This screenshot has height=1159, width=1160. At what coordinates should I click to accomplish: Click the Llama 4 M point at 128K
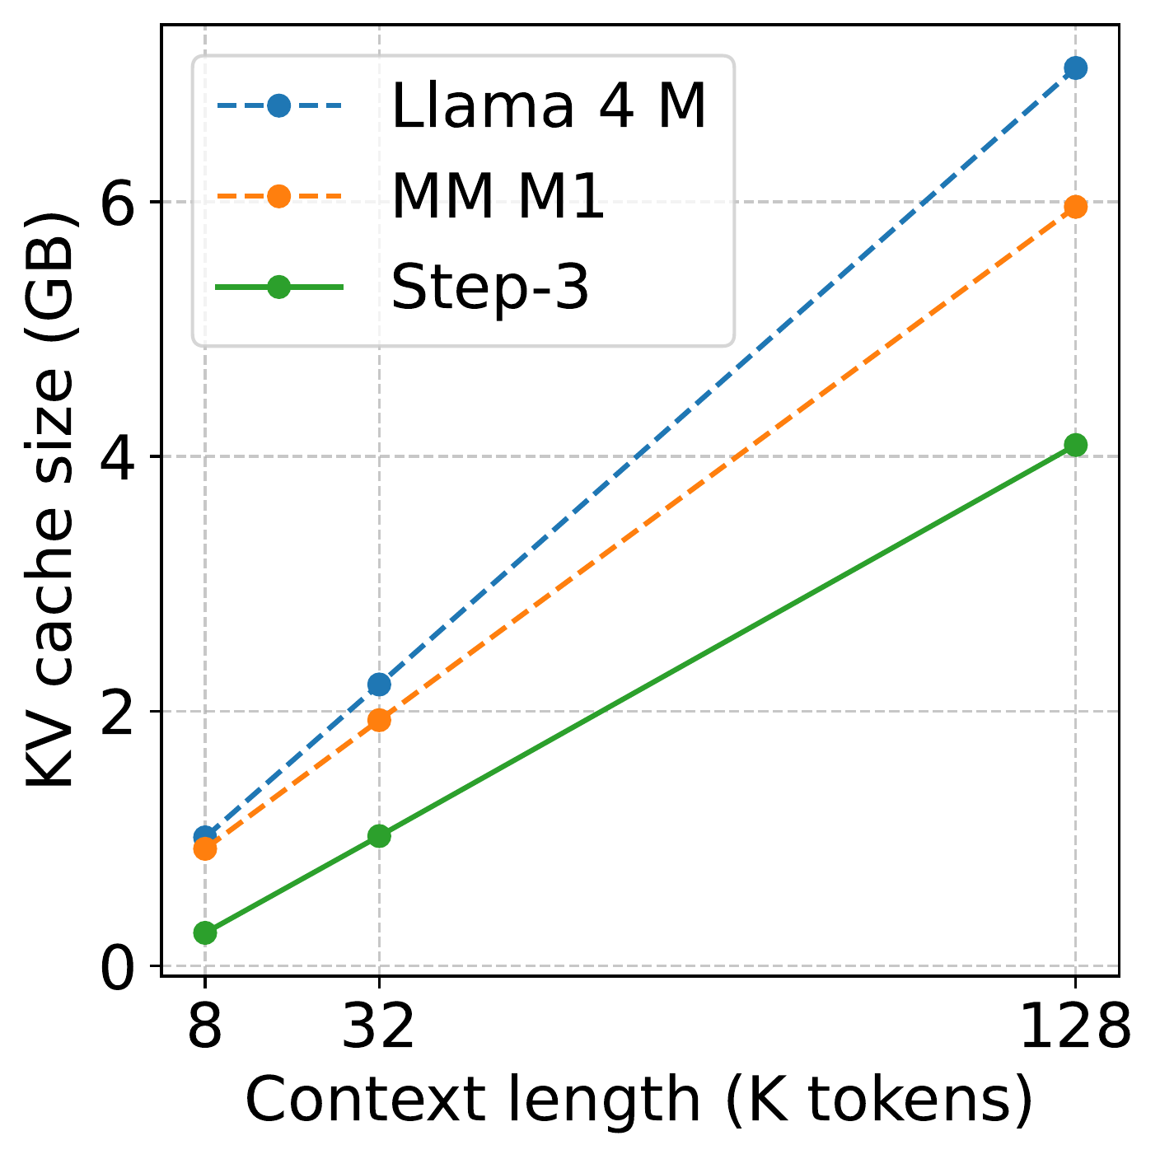(x=1074, y=68)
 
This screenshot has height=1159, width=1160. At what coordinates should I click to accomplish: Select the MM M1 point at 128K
(x=1074, y=207)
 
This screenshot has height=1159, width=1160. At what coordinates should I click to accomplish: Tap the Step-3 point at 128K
(x=1074, y=445)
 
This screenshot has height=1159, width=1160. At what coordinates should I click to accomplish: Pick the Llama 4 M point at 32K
(x=379, y=684)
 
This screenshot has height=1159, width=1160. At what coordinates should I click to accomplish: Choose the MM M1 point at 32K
(x=379, y=720)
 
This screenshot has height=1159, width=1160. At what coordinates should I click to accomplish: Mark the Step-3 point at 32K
(x=379, y=836)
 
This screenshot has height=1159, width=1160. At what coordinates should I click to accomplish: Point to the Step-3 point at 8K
(x=205, y=932)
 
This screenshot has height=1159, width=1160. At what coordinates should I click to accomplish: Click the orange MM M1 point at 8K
(x=205, y=848)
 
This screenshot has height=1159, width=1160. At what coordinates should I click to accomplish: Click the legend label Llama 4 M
(x=549, y=107)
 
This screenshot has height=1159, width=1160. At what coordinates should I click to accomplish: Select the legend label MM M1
(x=498, y=198)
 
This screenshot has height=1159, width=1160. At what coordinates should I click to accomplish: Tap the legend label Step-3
(x=490, y=287)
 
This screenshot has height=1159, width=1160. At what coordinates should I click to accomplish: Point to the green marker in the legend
(x=278, y=287)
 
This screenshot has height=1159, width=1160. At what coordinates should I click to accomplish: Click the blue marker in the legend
(x=278, y=106)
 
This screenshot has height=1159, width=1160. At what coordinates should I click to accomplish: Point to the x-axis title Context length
(x=639, y=1100)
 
